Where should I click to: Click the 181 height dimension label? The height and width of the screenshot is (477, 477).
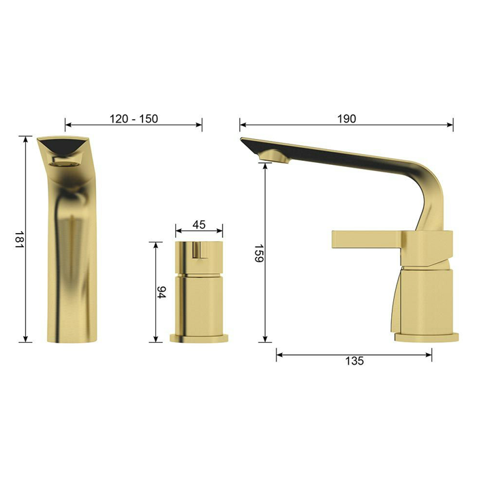pyautogui.click(x=19, y=239)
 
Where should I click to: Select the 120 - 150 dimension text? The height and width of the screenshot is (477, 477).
pyautogui.click(x=134, y=119)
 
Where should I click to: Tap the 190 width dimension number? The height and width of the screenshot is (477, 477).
pyautogui.click(x=346, y=119)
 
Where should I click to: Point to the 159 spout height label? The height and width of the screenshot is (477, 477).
pyautogui.click(x=259, y=253)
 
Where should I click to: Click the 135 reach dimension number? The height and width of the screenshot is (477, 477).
pyautogui.click(x=354, y=360)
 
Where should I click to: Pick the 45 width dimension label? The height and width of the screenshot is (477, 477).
pyautogui.click(x=199, y=224)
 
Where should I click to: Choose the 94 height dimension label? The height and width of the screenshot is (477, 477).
pyautogui.click(x=161, y=292)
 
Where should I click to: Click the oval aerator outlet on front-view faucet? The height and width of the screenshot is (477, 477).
pyautogui.click(x=64, y=164)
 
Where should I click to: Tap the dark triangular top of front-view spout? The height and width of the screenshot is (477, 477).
pyautogui.click(x=63, y=145)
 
